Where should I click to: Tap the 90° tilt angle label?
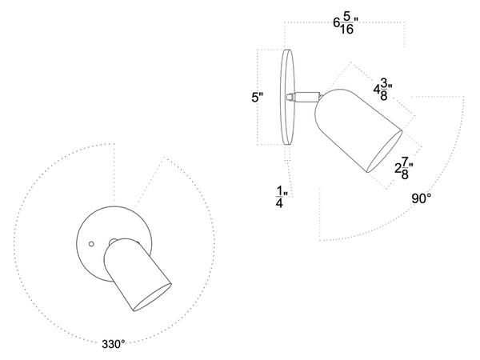point(423,198)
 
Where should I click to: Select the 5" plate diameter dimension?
point(257,98)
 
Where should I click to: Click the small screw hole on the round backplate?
point(92,242)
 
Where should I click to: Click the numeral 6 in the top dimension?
point(337,23)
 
